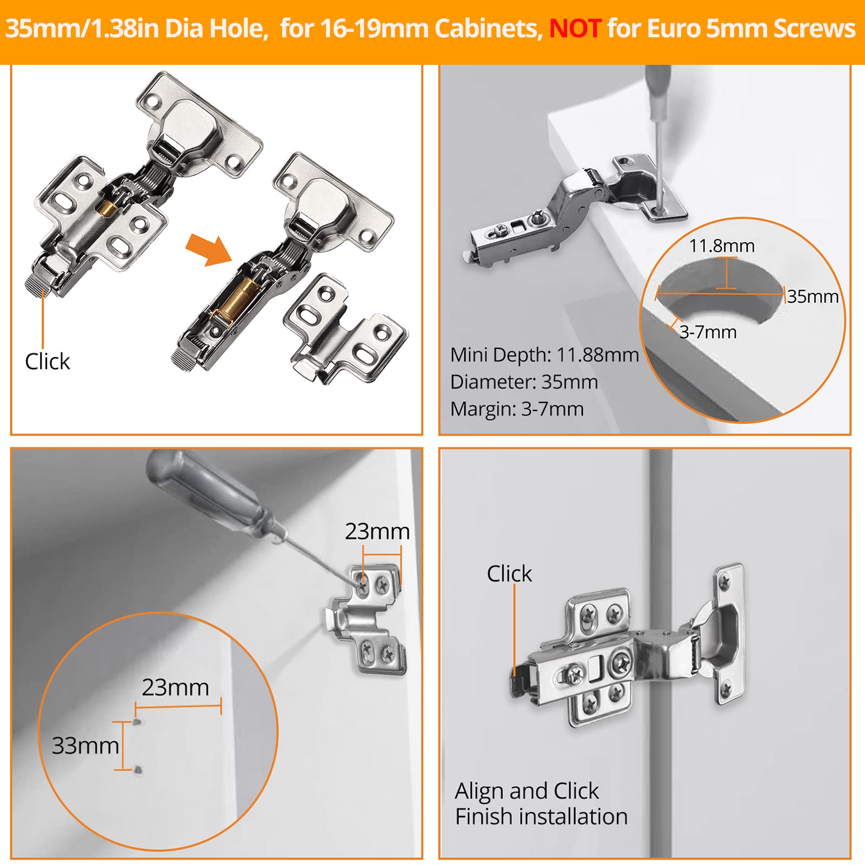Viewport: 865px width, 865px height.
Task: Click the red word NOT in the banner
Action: (x=575, y=28)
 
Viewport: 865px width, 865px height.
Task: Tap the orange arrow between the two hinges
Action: (x=208, y=250)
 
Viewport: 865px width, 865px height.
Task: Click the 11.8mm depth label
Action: (x=721, y=246)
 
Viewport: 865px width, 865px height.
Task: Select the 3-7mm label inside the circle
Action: (x=708, y=332)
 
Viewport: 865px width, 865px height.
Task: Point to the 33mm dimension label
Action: (x=85, y=746)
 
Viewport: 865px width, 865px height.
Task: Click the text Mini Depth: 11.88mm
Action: (x=544, y=355)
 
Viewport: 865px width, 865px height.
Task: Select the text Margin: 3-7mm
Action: (x=516, y=409)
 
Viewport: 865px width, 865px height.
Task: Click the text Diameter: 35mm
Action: (x=523, y=382)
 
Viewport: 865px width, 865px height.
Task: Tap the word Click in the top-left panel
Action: (x=48, y=361)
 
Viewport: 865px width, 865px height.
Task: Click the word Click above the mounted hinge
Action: (x=509, y=574)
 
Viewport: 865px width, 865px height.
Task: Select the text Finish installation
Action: (x=541, y=816)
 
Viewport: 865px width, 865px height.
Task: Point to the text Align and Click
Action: (x=526, y=791)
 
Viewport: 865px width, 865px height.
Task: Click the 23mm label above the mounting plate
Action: (x=377, y=531)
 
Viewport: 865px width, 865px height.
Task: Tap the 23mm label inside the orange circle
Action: (x=175, y=688)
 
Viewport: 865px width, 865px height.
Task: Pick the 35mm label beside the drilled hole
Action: (x=812, y=296)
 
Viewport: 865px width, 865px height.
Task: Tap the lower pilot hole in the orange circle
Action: (x=138, y=769)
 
